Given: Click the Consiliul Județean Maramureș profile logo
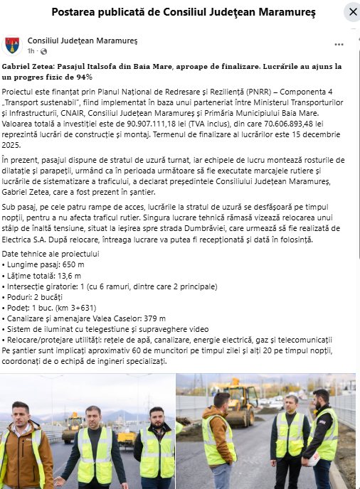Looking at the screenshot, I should point(12,46).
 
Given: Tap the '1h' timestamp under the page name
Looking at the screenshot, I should point(31,52).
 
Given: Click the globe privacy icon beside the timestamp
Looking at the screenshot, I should point(44,52).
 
